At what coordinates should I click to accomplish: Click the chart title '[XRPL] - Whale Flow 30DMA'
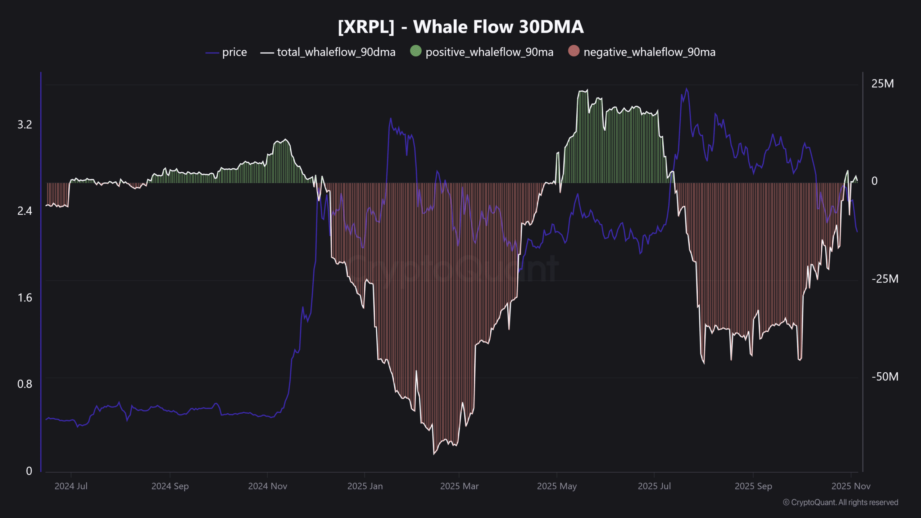tap(460, 27)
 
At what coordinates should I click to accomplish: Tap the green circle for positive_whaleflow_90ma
tap(416, 51)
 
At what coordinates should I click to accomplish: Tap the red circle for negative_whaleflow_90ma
tap(573, 51)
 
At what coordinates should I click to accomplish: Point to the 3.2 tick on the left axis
tap(24, 124)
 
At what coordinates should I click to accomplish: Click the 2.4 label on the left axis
tap(24, 211)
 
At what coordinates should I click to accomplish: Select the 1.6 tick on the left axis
tap(24, 298)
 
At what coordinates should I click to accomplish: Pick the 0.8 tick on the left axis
tap(24, 384)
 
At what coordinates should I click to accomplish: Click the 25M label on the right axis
tap(882, 84)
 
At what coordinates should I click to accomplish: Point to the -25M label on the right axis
tap(885, 279)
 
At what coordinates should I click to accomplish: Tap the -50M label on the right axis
tap(885, 377)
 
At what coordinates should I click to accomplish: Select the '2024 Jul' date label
tap(71, 486)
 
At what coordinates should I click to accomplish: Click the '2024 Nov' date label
tap(267, 486)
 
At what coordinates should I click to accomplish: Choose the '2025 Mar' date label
tap(459, 486)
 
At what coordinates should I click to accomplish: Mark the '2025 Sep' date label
tap(753, 486)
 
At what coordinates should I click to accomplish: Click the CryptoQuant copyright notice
tap(840, 502)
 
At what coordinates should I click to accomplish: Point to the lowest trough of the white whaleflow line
tap(434, 454)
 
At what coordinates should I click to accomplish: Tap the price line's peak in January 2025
tap(391, 118)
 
